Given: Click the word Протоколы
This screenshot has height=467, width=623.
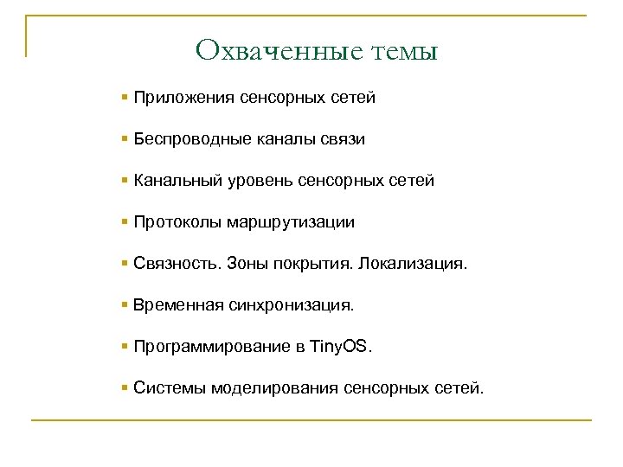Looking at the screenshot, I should point(177,222).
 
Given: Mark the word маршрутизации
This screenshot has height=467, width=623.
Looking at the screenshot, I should point(291,222).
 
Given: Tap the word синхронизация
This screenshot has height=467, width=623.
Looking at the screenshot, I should point(292,305).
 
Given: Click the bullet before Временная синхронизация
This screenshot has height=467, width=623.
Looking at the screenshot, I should point(126,304).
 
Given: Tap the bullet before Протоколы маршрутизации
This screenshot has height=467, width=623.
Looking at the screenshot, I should point(126,221).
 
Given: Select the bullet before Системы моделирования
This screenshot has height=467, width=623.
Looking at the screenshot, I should point(126,387).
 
